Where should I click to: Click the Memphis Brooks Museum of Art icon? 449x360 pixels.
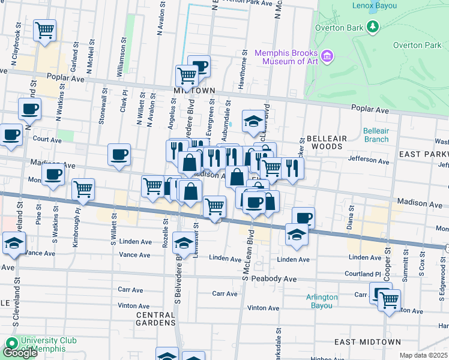(327, 56)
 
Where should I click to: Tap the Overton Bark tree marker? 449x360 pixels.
(373, 27)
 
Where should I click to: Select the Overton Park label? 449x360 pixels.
(417, 45)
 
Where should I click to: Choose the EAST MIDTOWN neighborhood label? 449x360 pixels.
(367, 342)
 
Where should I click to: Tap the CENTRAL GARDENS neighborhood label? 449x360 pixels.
(155, 319)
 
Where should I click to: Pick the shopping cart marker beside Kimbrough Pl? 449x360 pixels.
(83, 189)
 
